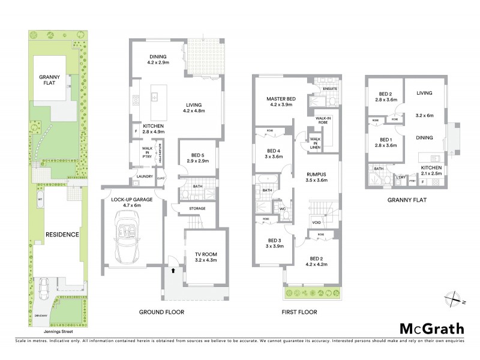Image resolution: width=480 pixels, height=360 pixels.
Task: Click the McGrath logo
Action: (432, 328)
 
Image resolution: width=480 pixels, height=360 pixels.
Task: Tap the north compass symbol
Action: (455, 298)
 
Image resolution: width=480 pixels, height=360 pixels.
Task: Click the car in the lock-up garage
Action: (127, 244)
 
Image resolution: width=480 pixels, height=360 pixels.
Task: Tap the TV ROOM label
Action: (206, 258)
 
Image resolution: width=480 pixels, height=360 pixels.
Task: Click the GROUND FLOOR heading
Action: (161, 312)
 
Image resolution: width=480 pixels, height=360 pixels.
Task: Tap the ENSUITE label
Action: (330, 89)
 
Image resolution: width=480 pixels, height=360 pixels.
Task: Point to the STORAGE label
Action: (197, 208)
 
